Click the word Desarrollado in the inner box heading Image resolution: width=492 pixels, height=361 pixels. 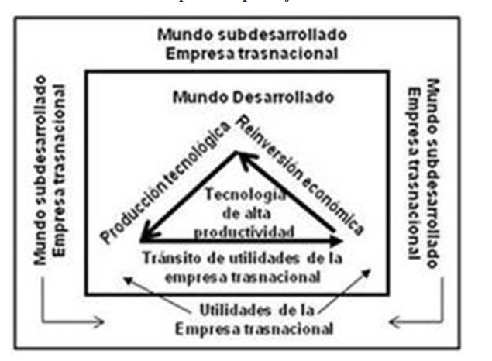(289, 98)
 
